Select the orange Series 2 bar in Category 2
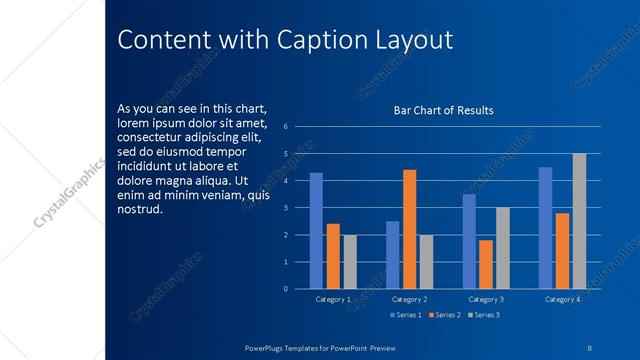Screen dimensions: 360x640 (x=410, y=229)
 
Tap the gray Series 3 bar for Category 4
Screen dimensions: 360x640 (x=579, y=221)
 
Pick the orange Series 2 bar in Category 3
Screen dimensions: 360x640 (x=486, y=264)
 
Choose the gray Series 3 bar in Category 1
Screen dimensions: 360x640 (x=350, y=262)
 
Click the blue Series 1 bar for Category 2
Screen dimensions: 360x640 (x=393, y=255)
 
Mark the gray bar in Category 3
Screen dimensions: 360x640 (x=503, y=248)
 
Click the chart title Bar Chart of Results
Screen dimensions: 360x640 (x=444, y=110)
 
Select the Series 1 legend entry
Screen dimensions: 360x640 (x=406, y=315)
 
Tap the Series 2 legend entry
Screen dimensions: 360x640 (x=444, y=315)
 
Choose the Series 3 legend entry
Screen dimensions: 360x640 (x=483, y=315)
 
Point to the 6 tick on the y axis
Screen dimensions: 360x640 (x=286, y=127)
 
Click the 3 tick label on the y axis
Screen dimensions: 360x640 (x=286, y=208)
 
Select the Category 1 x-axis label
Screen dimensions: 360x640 (x=333, y=299)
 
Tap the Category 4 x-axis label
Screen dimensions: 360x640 (x=563, y=299)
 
